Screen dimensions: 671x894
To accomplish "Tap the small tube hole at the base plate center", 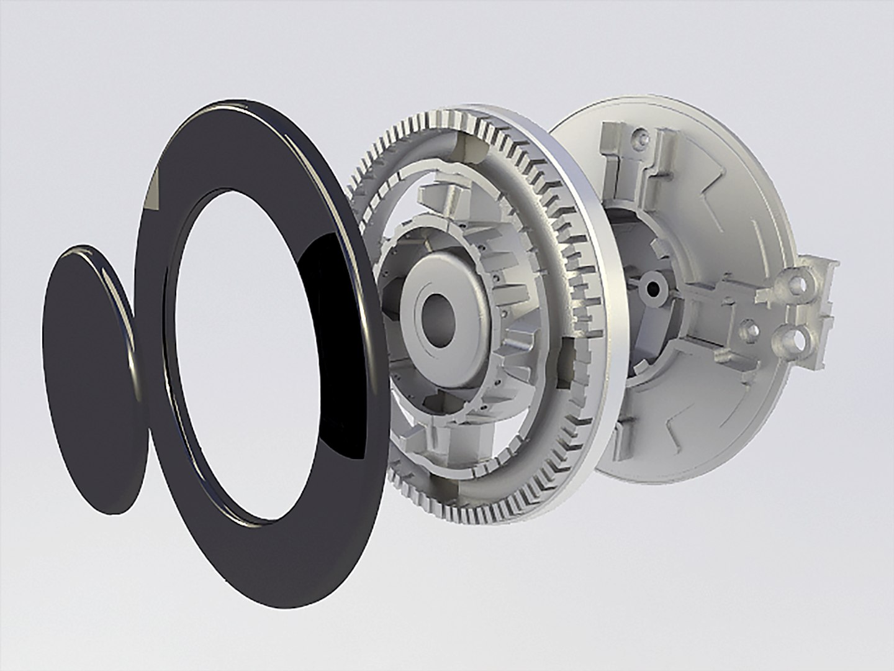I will (x=652, y=288).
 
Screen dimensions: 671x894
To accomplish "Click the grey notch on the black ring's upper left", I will (x=153, y=189).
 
